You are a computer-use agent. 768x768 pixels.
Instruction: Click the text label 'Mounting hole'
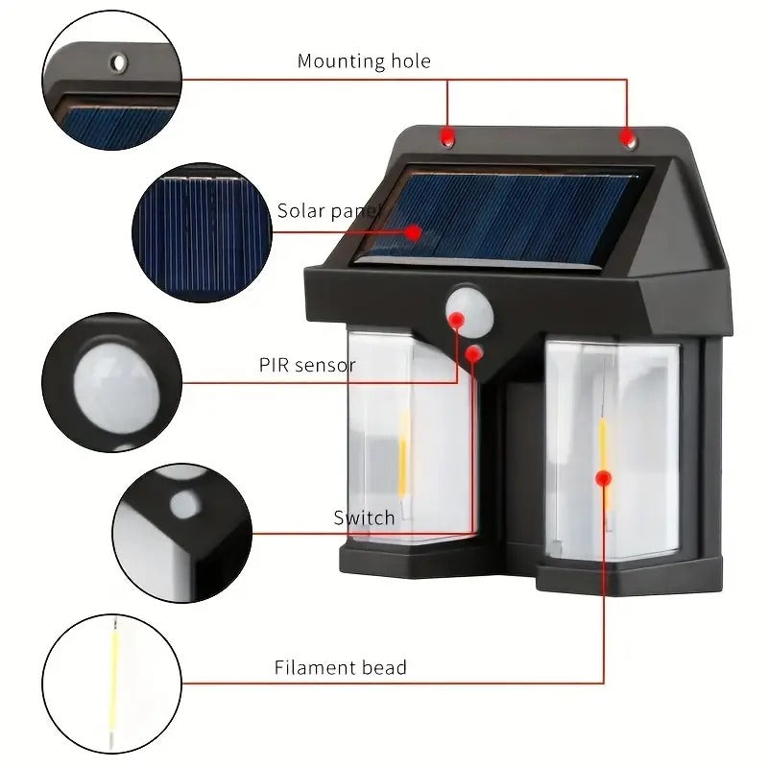click(x=364, y=61)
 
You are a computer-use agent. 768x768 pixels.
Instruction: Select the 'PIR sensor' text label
click(x=307, y=365)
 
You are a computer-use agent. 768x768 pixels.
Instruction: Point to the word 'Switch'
click(x=364, y=518)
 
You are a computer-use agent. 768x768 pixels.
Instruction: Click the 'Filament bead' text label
click(x=341, y=667)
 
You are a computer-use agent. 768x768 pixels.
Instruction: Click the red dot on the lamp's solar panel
click(x=413, y=231)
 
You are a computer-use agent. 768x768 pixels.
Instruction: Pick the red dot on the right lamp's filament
click(x=603, y=476)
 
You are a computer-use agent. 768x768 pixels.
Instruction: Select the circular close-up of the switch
click(x=182, y=533)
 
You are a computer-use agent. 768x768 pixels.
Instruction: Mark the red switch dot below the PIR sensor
click(x=473, y=353)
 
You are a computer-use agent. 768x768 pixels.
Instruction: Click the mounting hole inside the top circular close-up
click(x=118, y=63)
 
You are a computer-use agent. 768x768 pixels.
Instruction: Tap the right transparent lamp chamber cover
click(x=614, y=451)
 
